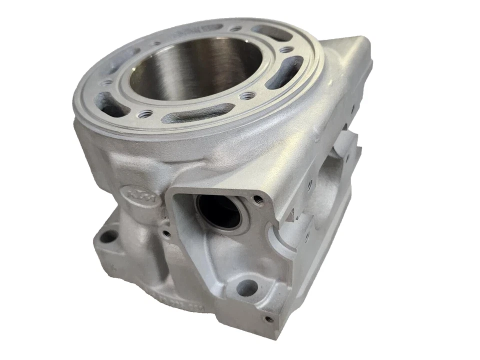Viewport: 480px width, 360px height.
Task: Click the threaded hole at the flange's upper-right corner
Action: tap(258, 201)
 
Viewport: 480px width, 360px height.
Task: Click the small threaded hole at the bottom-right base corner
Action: tap(268, 318)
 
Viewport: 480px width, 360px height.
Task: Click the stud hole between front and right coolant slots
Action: tap(245, 95)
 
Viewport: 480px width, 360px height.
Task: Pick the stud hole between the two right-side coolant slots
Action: tap(285, 50)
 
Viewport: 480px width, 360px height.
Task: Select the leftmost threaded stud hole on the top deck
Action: tap(106, 82)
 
